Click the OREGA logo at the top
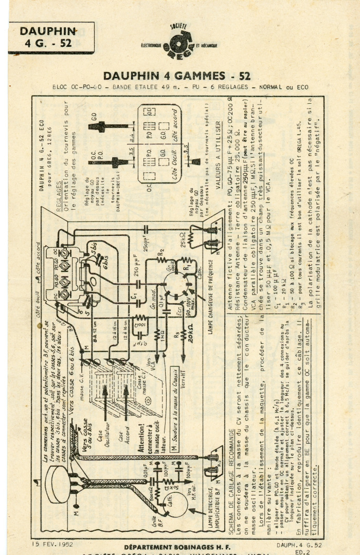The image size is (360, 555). click(x=178, y=42)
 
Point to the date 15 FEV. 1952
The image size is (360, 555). click(x=52, y=544)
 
